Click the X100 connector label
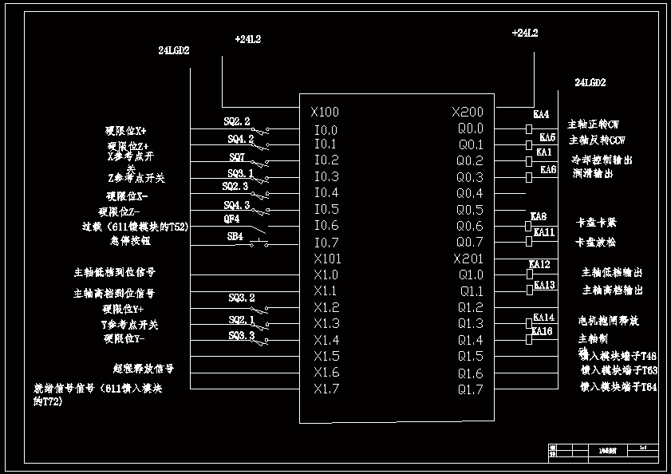tap(326, 113)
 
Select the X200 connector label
tap(467, 113)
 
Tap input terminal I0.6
tap(326, 226)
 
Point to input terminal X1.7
tap(326, 389)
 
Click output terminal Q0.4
tap(470, 193)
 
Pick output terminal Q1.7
tap(470, 389)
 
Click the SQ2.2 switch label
tap(237, 122)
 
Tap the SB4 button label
tap(235, 236)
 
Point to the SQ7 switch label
tap(237, 156)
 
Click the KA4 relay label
tap(541, 115)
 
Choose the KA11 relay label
tap(544, 232)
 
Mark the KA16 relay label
tap(543, 331)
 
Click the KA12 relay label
tap(540, 264)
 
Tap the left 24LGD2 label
tap(174, 50)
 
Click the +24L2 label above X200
tap(524, 34)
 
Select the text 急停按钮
tap(130, 240)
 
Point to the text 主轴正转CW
tap(593, 125)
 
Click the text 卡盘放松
tap(595, 242)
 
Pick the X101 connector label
tap(327, 259)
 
